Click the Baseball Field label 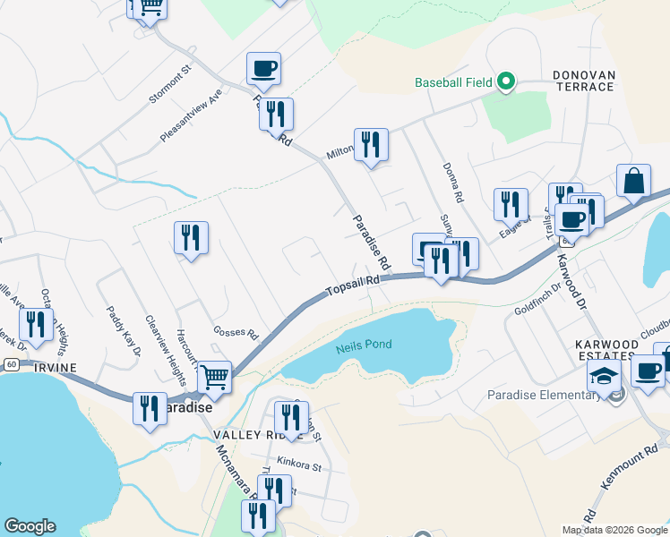(x=453, y=82)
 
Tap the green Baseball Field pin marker (x=505, y=81)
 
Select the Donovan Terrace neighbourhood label (x=583, y=81)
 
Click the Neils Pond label (x=364, y=345)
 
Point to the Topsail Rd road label (x=353, y=286)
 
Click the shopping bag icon (x=633, y=180)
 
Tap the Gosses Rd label (x=235, y=333)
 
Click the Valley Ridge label (x=247, y=434)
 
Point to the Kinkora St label (x=298, y=466)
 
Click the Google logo (x=30, y=526)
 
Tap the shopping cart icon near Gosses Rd (x=214, y=377)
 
